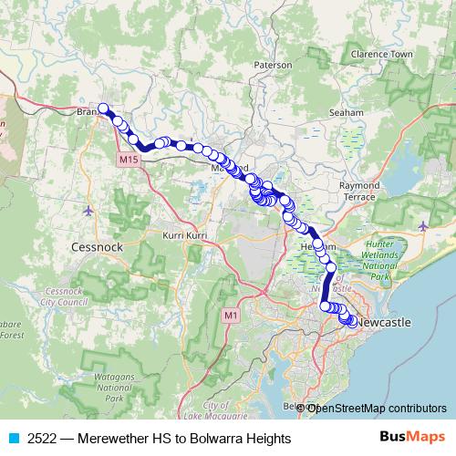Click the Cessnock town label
click(93, 246)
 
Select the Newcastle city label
click(383, 323)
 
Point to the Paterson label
click(273, 66)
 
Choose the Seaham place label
click(347, 112)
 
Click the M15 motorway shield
click(128, 159)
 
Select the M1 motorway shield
click(230, 316)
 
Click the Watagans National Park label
click(113, 388)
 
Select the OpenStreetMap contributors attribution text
click(377, 408)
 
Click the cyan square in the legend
click(13, 439)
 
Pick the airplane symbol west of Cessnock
click(88, 212)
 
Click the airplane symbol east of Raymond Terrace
click(423, 223)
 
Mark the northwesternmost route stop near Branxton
click(104, 109)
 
